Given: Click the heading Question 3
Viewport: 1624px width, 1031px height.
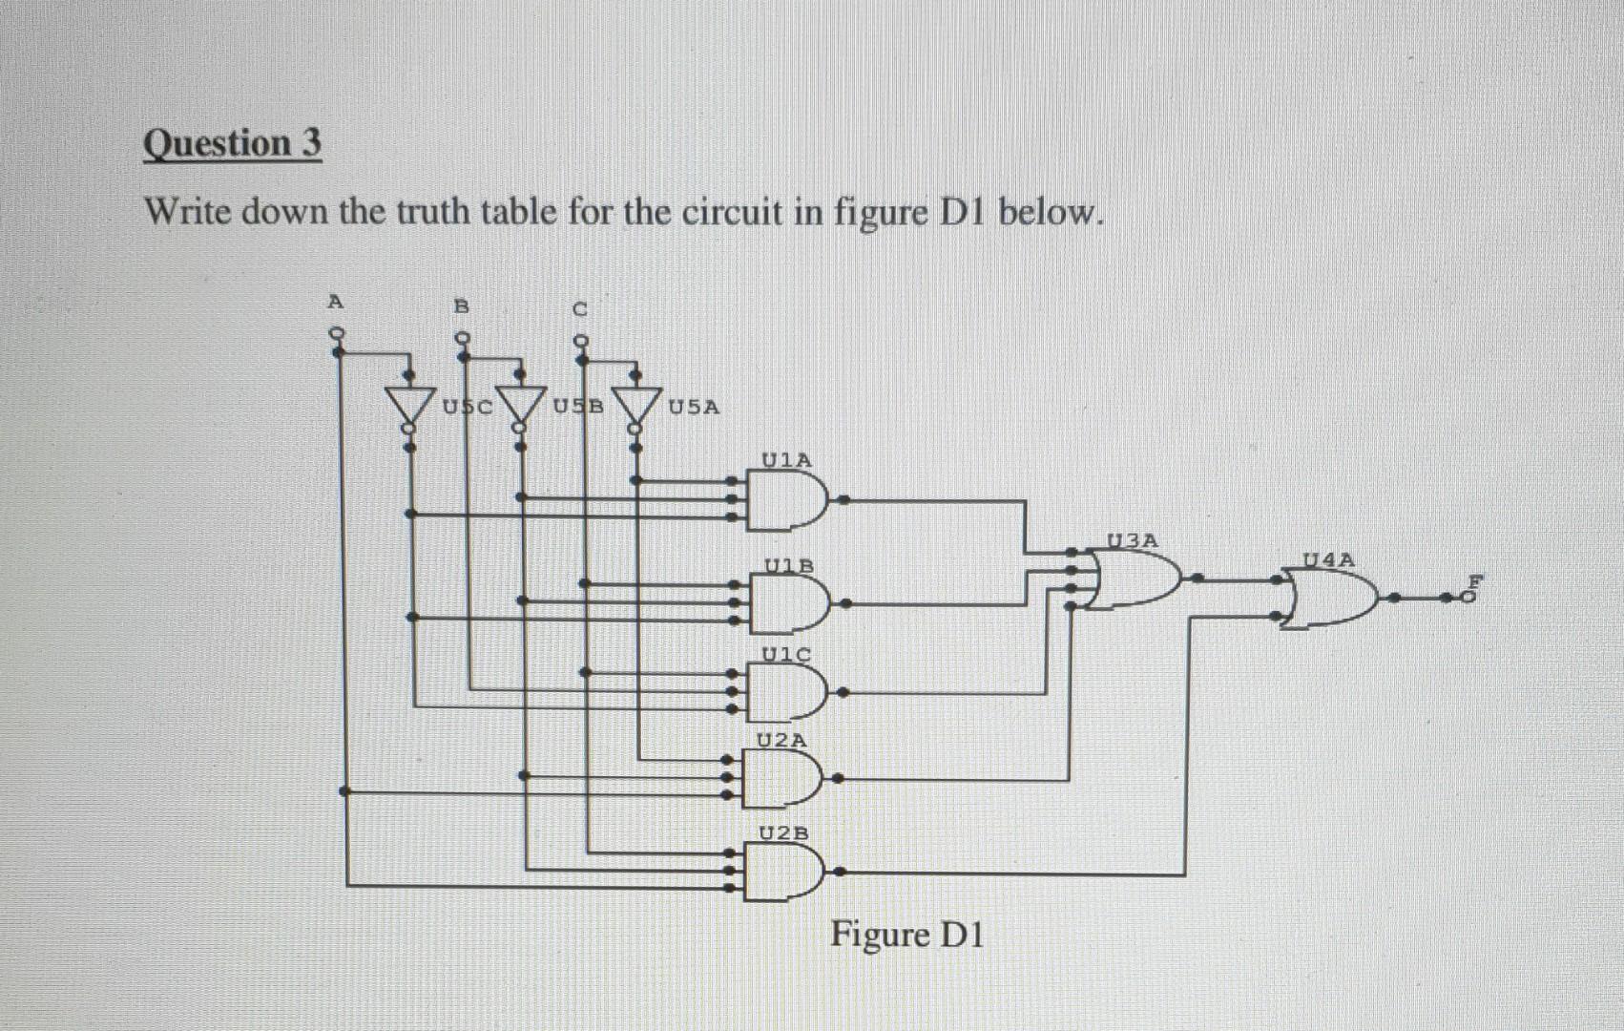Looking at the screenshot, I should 232,144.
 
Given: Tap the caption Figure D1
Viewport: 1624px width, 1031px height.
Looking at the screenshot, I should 906,934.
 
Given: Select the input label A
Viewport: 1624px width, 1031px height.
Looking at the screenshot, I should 334,302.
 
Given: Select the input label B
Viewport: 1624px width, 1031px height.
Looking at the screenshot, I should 462,306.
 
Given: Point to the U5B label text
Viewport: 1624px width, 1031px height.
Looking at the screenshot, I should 579,406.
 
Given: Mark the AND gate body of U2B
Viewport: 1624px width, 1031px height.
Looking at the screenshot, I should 783,872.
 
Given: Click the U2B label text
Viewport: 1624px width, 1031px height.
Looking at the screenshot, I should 782,832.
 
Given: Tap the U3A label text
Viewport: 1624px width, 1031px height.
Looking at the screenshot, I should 1132,540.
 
